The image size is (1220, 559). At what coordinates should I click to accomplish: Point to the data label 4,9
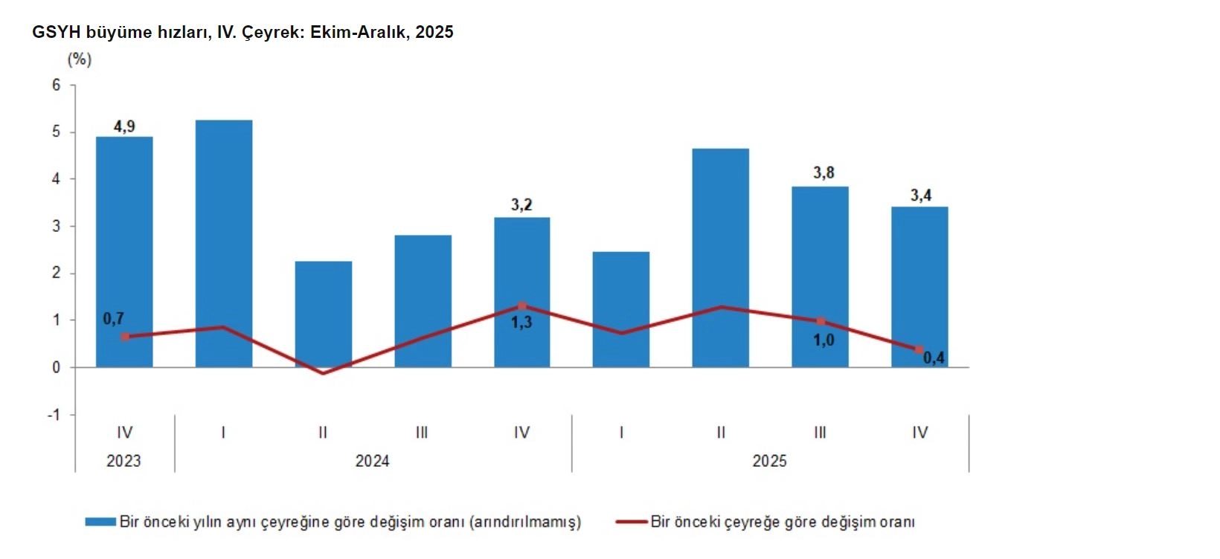coord(124,126)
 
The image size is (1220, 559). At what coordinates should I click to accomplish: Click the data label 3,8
coord(823,172)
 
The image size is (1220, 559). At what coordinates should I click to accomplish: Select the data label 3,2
coord(521,204)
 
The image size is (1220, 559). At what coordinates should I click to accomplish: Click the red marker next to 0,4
coord(919,349)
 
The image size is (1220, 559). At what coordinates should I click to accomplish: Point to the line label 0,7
coord(113,319)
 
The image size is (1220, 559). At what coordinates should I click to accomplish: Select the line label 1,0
coord(823,340)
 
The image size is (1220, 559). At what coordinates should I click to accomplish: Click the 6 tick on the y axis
coord(57,85)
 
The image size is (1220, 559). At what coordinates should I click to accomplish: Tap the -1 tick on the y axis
coord(54,414)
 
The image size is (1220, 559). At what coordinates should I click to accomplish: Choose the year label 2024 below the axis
coord(372,461)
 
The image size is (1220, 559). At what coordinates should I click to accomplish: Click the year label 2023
coord(123,461)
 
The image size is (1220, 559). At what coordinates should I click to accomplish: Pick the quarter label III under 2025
coord(820,433)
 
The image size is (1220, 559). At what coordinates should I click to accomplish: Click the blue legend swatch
coord(100,522)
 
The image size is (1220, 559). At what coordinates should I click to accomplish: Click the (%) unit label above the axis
coord(80,59)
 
